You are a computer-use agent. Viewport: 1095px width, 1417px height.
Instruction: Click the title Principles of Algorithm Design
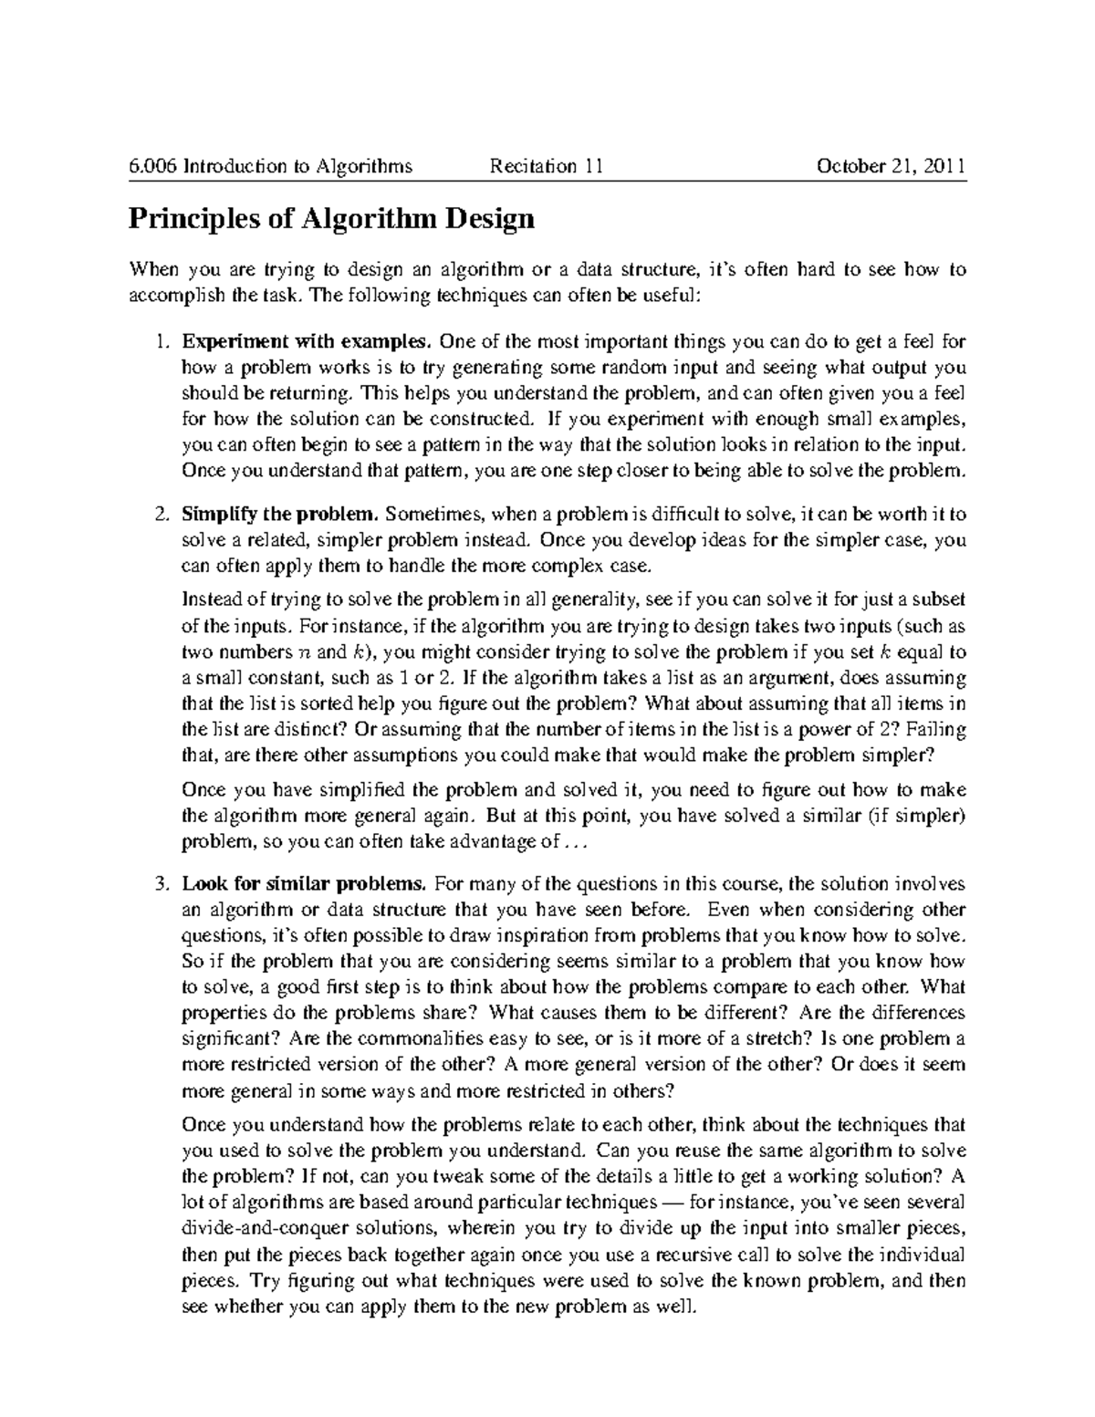coord(330,219)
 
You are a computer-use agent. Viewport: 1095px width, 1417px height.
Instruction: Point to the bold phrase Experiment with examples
coord(307,342)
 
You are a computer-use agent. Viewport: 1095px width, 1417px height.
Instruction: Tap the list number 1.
coord(161,342)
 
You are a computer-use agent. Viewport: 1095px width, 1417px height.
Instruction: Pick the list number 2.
coord(161,514)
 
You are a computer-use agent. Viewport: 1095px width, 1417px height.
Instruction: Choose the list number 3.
coord(161,884)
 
